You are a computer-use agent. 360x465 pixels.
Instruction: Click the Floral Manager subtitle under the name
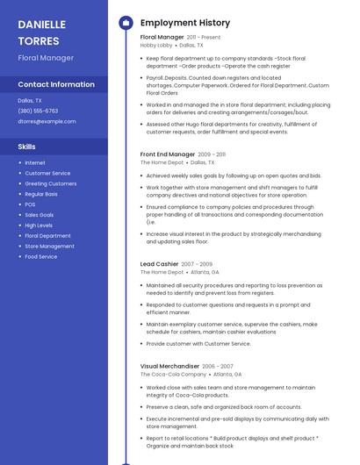click(46, 58)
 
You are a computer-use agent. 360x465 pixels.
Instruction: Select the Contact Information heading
click(56, 85)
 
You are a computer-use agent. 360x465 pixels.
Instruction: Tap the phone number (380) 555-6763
click(38, 111)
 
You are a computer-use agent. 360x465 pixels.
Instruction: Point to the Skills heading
click(27, 147)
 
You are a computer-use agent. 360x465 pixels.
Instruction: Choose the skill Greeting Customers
click(50, 183)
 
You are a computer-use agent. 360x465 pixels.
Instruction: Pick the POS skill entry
click(30, 204)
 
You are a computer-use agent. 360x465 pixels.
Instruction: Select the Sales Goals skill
click(39, 215)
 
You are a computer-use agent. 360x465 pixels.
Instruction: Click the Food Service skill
click(40, 257)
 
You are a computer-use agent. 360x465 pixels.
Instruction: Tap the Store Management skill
click(49, 247)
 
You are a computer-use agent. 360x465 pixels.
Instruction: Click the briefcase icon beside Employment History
click(126, 23)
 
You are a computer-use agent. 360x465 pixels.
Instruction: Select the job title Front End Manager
click(167, 154)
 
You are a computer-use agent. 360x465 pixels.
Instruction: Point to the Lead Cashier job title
click(159, 264)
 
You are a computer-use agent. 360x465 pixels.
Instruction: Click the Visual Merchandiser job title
click(169, 366)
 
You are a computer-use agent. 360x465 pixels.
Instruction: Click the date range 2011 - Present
click(204, 38)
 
